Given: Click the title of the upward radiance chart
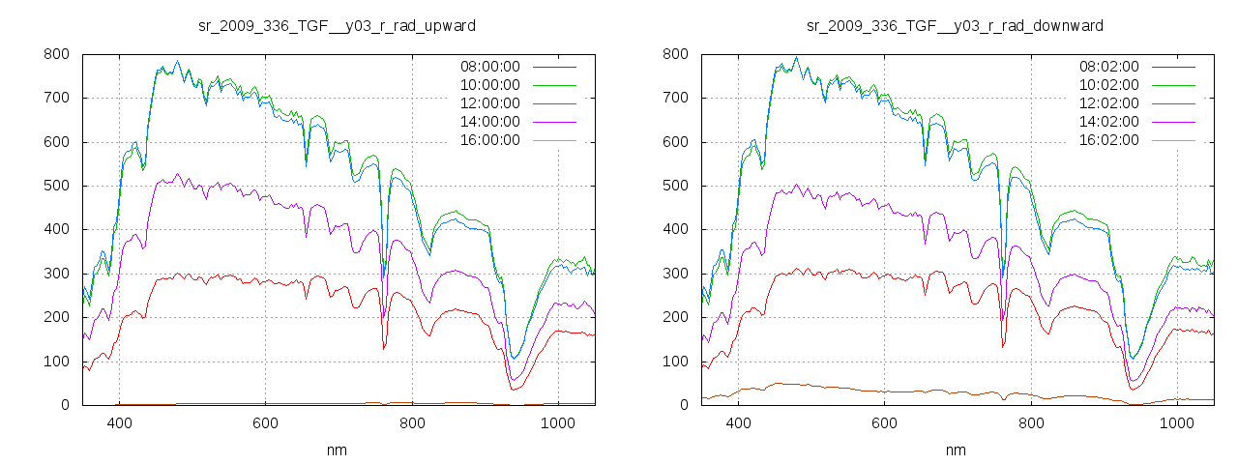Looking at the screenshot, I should click(x=336, y=24).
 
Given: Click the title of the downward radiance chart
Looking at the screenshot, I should click(x=955, y=24).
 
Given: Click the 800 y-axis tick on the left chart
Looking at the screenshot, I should click(x=56, y=54).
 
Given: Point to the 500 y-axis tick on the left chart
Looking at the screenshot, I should click(x=56, y=186).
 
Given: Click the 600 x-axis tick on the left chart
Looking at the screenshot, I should click(x=265, y=423).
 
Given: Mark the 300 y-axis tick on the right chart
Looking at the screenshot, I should click(x=675, y=274).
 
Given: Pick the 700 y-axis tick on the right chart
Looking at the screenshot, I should click(x=675, y=98).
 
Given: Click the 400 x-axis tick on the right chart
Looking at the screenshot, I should click(x=738, y=423).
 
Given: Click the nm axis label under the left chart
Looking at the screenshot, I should click(x=338, y=450).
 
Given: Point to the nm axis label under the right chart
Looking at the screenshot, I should click(x=957, y=450).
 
